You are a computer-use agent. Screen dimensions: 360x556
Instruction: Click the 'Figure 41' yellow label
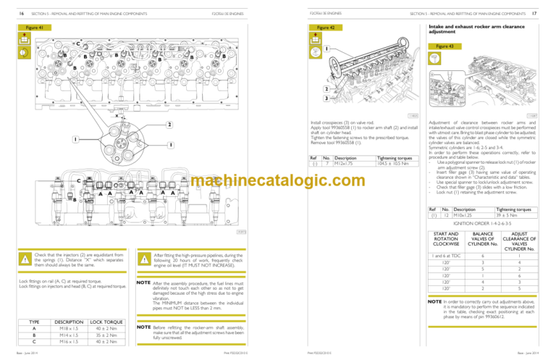tap(30, 28)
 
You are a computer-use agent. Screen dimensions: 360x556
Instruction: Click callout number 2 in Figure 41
tap(169, 125)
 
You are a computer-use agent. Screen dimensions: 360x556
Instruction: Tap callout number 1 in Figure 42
tap(326, 49)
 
